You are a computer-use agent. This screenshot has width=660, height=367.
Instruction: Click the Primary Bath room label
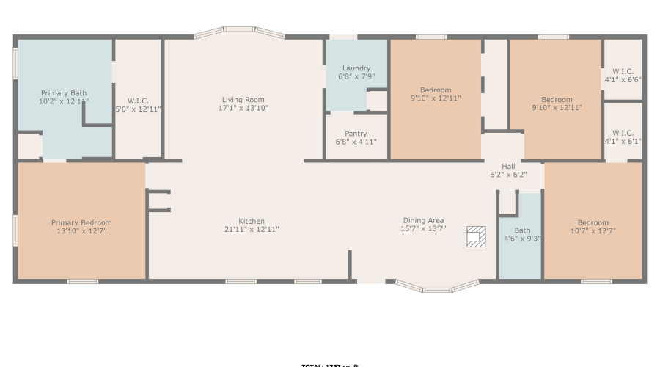(x=64, y=93)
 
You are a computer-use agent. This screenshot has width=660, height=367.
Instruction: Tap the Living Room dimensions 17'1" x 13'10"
(x=243, y=109)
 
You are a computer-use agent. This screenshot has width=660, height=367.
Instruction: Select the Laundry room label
(x=356, y=68)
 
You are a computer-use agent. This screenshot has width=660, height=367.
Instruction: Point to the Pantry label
(x=356, y=134)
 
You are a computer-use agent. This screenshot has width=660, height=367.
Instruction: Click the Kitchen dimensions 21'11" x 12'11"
(x=252, y=230)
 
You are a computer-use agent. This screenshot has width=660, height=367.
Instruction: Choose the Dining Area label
(x=423, y=220)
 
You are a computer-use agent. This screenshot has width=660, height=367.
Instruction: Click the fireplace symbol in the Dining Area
(x=476, y=236)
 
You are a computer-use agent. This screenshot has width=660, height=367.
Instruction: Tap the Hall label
(x=508, y=167)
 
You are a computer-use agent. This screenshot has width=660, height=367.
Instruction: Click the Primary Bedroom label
(x=81, y=222)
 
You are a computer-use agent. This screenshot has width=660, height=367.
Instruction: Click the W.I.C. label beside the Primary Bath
(x=139, y=101)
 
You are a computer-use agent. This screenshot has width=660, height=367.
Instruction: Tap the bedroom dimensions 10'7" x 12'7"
(x=593, y=231)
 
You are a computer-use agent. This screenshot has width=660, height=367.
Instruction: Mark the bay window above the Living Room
(x=239, y=33)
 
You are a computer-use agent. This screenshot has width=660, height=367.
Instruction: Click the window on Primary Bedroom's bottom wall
(x=83, y=281)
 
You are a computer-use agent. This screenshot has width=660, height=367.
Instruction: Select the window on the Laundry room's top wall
(x=342, y=37)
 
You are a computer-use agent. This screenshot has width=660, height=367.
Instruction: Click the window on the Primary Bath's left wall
(x=15, y=63)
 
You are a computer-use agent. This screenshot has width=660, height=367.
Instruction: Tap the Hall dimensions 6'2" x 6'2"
(x=508, y=175)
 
